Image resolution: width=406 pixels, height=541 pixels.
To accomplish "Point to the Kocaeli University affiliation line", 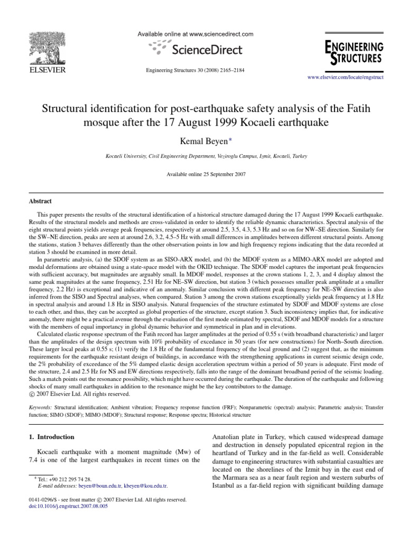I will pos(202,156).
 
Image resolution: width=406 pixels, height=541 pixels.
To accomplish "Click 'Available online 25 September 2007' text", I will pos(203,174).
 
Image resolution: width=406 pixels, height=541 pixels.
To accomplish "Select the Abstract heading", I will pos(41,201).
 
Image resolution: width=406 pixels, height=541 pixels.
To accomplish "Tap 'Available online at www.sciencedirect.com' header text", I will pos(195,34).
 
